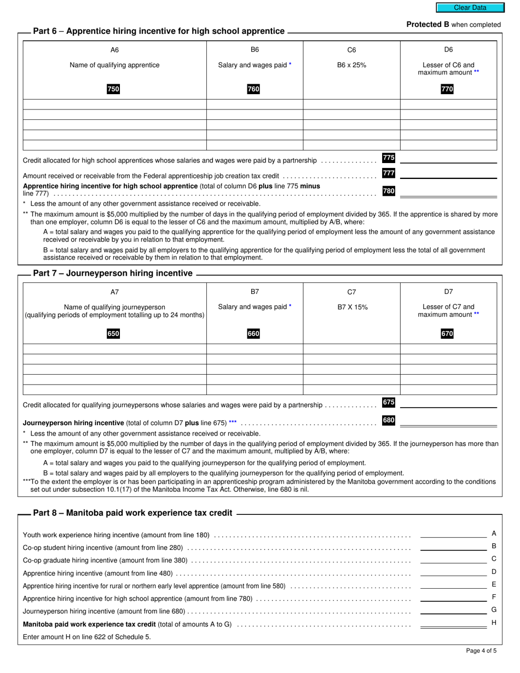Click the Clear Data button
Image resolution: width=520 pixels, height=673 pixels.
470,8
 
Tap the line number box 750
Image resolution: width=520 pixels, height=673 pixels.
113,89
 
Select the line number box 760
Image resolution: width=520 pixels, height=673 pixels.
253,89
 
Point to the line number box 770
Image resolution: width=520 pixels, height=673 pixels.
447,89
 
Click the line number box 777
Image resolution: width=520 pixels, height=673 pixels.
389,173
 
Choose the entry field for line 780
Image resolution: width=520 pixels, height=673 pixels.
448,192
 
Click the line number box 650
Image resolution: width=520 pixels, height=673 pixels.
113,334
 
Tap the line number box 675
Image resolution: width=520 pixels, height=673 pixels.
389,402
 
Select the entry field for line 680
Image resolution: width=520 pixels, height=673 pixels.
448,421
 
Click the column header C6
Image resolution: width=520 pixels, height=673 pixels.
351,50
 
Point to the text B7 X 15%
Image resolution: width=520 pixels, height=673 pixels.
352,307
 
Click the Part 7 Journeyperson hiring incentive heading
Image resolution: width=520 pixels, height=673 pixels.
113,273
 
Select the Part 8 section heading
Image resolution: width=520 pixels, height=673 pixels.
132,513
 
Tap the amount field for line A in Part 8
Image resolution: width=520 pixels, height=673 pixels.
453,533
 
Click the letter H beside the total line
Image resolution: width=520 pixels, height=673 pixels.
494,623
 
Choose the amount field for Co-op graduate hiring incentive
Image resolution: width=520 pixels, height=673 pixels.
453,559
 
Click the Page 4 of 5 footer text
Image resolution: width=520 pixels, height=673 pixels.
481,651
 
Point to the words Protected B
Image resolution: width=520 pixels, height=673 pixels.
424,25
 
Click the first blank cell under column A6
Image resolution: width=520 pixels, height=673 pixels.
114,105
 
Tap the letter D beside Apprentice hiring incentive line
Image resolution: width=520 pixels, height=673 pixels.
494,572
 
